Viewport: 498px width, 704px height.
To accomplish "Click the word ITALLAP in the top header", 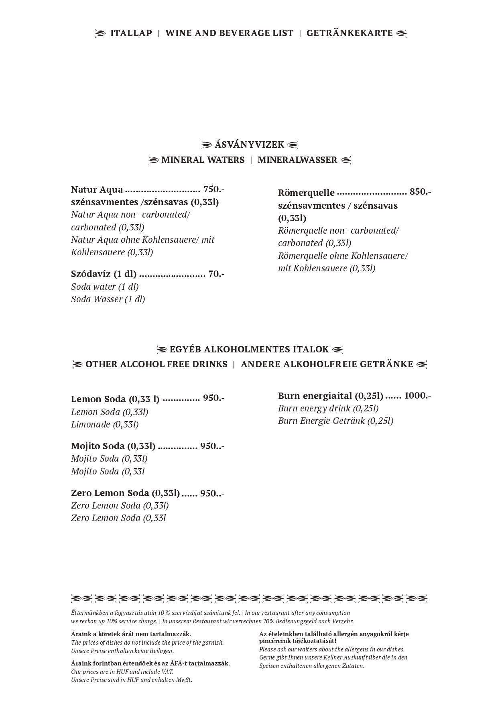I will click(131, 33).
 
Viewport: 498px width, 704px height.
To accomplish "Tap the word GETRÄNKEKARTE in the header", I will click(350, 33).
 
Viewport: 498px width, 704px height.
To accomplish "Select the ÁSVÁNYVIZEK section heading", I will click(249, 144).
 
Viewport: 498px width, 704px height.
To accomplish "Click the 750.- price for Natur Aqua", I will click(214, 189).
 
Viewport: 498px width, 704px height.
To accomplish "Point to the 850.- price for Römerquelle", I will click(420, 192).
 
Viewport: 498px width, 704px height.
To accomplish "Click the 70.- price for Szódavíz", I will click(216, 274).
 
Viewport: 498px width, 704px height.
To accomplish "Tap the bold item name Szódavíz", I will click(91, 274).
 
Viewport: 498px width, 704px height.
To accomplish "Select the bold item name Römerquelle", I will click(306, 193).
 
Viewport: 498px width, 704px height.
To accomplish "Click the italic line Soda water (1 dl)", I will click(105, 287).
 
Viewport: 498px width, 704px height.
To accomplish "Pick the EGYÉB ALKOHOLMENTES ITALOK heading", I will click(249, 349).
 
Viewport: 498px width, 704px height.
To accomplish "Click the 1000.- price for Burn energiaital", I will click(417, 396).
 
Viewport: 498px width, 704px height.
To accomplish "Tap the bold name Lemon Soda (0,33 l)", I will click(115, 399).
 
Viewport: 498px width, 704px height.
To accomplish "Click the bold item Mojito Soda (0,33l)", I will click(113, 446).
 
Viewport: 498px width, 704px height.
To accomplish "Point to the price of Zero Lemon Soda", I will click(212, 493).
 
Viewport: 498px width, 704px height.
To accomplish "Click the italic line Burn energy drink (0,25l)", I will click(328, 408).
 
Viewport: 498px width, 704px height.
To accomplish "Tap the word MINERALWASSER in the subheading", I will click(297, 160).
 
